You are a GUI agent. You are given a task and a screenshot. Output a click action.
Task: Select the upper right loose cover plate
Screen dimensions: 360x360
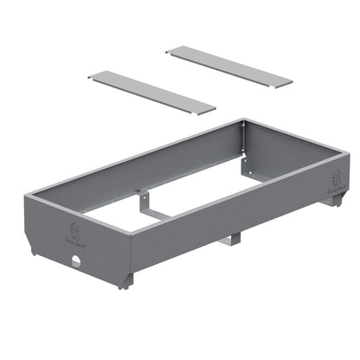click(x=229, y=66)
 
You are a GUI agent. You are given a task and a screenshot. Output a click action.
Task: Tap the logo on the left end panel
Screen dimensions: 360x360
click(x=74, y=230)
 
